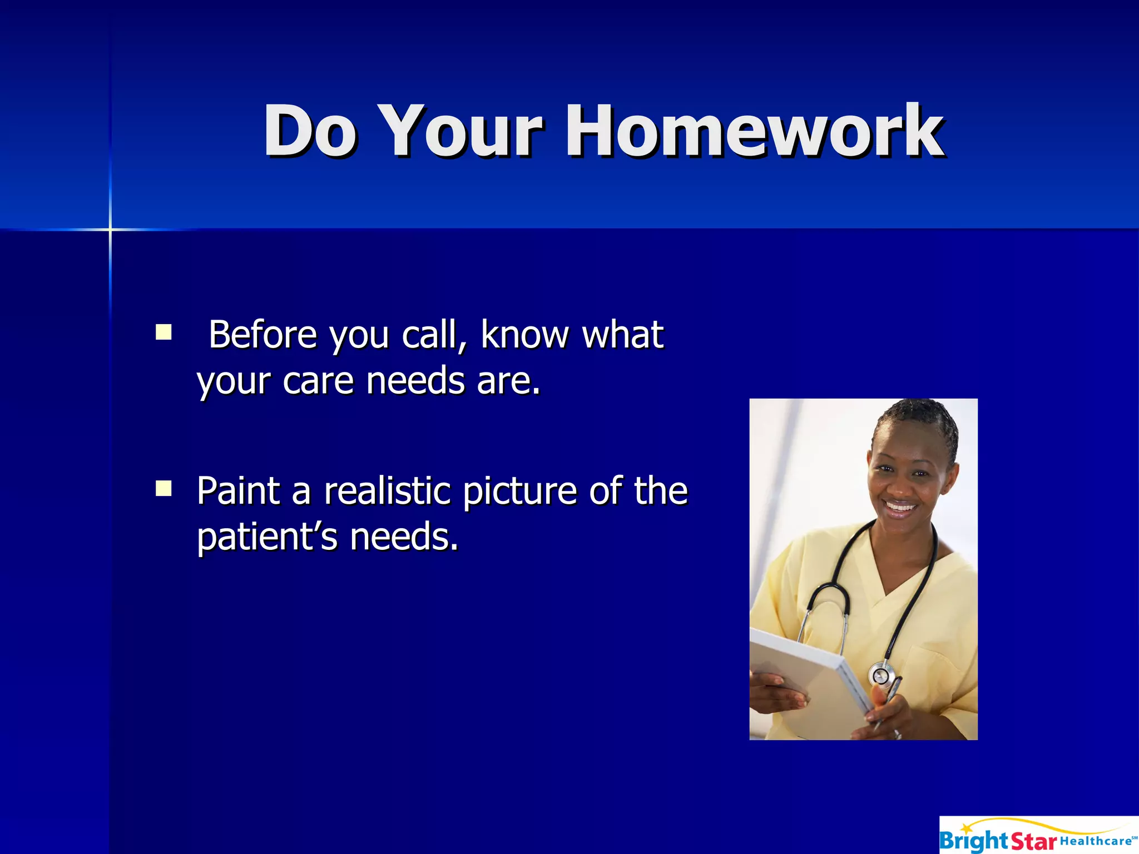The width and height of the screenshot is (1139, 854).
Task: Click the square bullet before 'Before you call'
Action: (164, 332)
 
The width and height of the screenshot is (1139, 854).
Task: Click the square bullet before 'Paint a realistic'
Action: (164, 488)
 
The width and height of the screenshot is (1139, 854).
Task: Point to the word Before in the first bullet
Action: (263, 335)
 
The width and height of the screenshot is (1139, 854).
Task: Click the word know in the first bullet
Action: (525, 335)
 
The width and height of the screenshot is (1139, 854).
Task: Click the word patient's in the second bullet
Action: (267, 537)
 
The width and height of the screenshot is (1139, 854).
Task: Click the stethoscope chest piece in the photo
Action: (881, 676)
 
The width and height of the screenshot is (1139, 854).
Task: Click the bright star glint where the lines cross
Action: (110, 229)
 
